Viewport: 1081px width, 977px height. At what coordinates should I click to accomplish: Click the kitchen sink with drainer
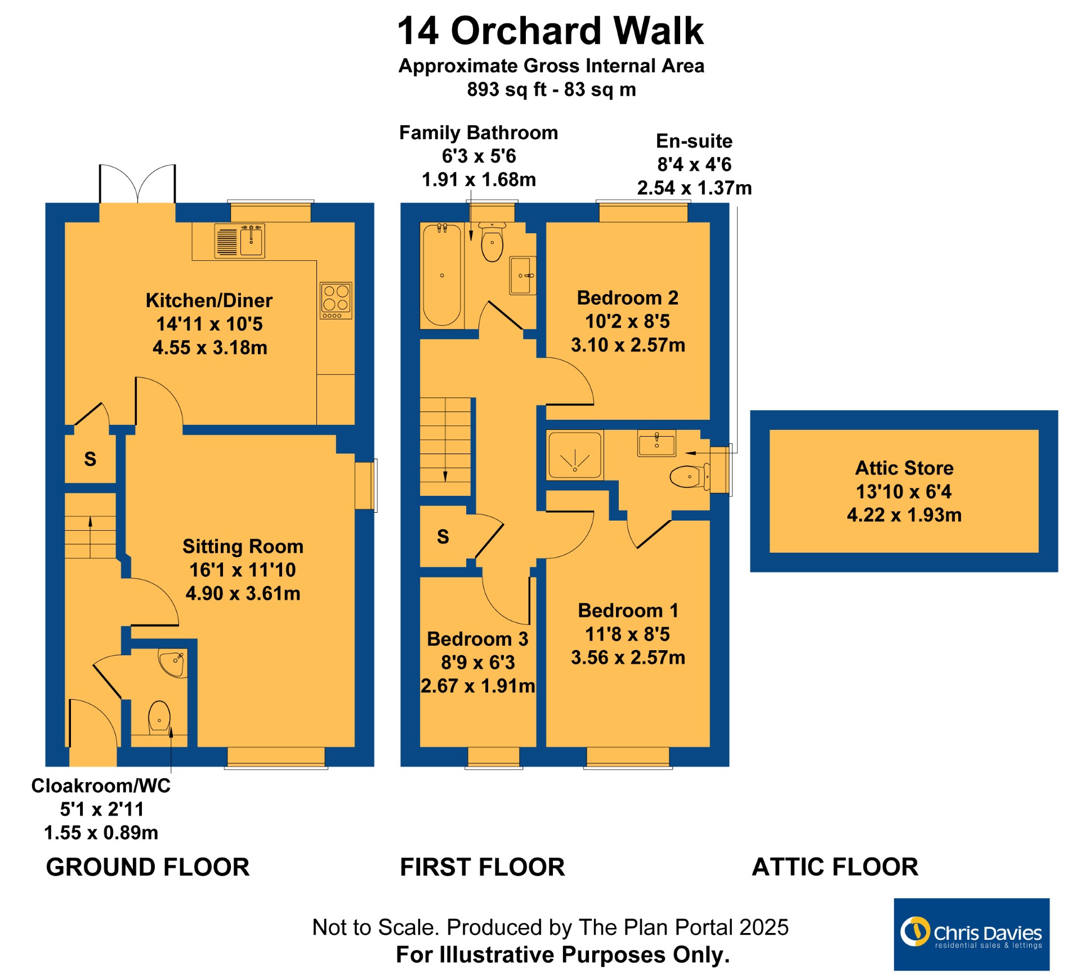(x=239, y=241)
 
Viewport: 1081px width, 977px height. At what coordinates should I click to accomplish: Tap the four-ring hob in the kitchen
(x=336, y=300)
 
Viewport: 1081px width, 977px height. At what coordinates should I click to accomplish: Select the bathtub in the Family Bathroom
(x=442, y=275)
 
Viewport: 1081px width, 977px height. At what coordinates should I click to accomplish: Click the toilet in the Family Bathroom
(x=492, y=242)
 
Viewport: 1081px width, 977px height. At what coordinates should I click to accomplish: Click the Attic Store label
(x=904, y=468)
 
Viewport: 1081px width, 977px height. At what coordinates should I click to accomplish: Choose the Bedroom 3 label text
(x=477, y=639)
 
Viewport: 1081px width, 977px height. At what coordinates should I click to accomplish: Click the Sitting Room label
(x=243, y=547)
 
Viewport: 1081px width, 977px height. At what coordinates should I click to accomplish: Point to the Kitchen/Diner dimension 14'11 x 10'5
(x=209, y=324)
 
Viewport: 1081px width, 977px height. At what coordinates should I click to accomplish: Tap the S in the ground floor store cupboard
(x=90, y=459)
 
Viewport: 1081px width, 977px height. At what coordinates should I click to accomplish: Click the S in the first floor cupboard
(x=443, y=537)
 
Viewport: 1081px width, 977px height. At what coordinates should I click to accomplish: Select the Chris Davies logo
(x=971, y=934)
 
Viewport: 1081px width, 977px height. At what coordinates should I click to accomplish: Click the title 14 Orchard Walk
(x=551, y=30)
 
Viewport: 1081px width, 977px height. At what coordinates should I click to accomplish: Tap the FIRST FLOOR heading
(x=483, y=867)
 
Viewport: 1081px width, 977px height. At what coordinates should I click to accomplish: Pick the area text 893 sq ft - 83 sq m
(x=551, y=90)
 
